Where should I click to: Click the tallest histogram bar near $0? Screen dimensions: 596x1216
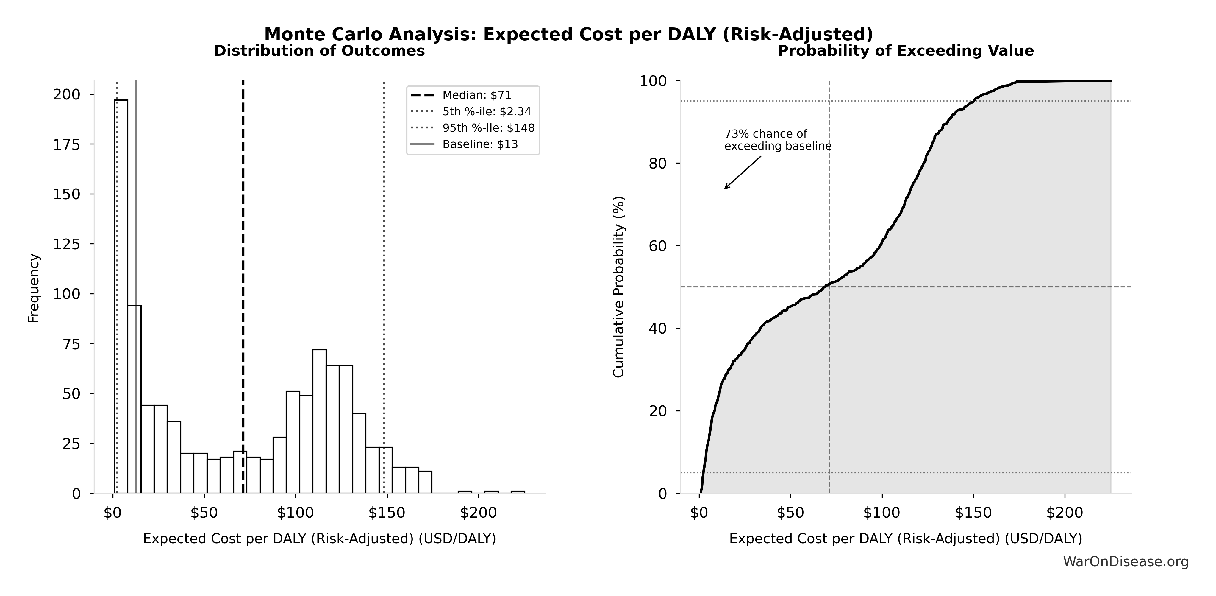121,293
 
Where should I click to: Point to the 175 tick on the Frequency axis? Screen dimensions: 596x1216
67,144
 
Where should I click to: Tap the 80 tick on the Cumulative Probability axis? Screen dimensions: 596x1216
658,164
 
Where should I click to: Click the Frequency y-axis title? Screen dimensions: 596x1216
34,288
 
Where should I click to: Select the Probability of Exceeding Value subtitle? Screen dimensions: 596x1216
905,51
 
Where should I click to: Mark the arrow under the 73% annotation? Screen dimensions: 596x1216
743,172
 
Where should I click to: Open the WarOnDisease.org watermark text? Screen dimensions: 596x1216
1125,561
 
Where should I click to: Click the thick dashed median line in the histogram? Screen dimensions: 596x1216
243,283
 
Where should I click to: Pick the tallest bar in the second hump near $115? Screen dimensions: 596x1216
319,420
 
